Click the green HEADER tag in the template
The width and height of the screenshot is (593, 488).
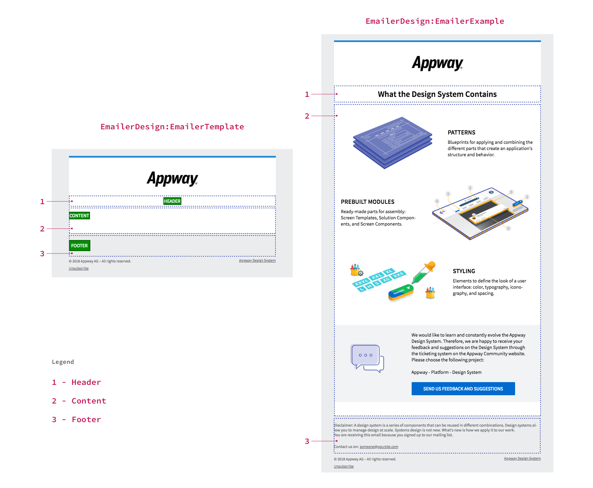pos(172,201)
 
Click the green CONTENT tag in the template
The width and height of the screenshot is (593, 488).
pos(79,216)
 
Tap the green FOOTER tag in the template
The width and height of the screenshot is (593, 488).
pos(79,246)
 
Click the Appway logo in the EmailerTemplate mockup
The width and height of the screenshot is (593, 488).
pos(172,178)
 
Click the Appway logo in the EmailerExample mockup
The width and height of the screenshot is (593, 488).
pos(437,63)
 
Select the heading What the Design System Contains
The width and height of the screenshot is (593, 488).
pos(437,94)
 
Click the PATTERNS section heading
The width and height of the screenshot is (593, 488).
pos(461,132)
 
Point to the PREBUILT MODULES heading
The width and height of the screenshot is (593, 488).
pos(368,202)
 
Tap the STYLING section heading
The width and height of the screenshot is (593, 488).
pos(464,271)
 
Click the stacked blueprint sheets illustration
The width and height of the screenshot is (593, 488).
pos(392,142)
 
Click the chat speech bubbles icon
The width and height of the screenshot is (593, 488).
pos(367,358)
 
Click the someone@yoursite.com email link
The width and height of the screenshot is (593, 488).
pos(379,447)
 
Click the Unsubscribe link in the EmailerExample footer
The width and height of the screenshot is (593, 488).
pos(344,466)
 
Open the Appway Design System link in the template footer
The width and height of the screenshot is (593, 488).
pos(257,261)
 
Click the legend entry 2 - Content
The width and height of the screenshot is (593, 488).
pos(79,401)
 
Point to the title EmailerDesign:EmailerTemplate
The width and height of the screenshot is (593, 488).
pos(172,127)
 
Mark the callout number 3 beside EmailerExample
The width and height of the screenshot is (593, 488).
pos(307,441)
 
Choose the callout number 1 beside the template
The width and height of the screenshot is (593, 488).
pos(42,201)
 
